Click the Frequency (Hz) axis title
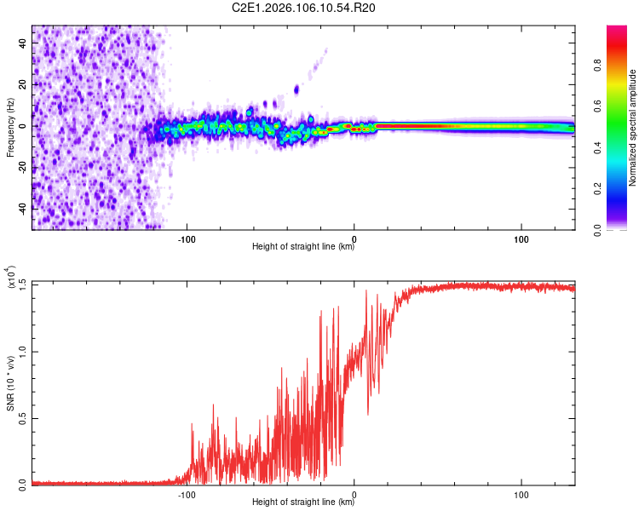[10, 128]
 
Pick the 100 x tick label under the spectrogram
[521, 238]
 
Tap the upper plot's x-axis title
[303, 248]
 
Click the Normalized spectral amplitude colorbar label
[633, 128]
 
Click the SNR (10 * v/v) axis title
[10, 383]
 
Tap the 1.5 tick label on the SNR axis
[21, 284]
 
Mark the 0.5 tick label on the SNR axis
[21, 417]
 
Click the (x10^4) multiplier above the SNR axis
[12, 278]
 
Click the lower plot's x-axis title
[303, 503]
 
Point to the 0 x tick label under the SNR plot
[354, 493]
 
